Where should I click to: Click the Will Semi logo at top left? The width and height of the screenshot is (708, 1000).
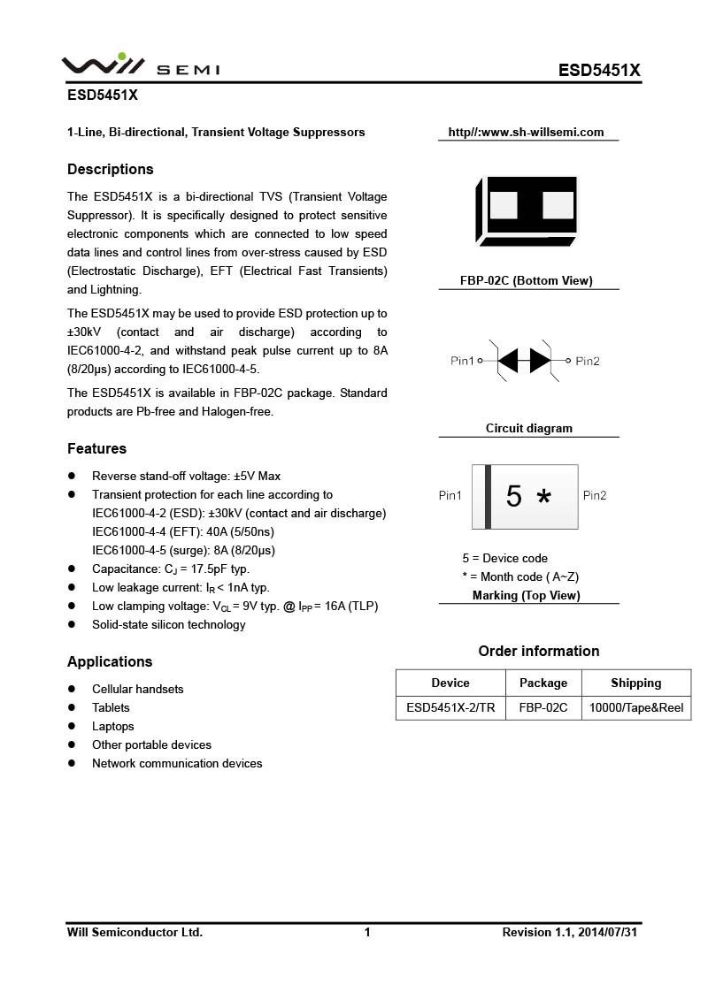[x=140, y=65]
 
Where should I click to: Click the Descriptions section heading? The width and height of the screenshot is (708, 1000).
[x=111, y=169]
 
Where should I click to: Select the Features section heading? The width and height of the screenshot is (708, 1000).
[x=96, y=448]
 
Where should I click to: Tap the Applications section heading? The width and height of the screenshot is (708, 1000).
[x=110, y=661]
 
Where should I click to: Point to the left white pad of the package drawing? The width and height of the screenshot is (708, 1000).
[x=503, y=205]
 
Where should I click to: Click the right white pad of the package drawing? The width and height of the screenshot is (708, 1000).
[x=558, y=205]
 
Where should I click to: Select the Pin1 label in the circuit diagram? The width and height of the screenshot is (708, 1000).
[x=462, y=361]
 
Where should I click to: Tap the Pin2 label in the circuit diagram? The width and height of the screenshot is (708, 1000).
[x=588, y=361]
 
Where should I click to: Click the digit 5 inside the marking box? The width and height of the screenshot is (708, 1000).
[x=513, y=497]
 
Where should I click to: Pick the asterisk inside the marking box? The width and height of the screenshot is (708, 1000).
[x=543, y=499]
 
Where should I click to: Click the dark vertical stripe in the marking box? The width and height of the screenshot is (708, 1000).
[x=488, y=497]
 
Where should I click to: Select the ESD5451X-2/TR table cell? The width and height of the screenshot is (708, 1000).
[x=450, y=707]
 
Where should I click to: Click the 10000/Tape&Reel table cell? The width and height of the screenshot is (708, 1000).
[x=635, y=707]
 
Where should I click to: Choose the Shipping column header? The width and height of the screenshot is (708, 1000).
[x=635, y=683]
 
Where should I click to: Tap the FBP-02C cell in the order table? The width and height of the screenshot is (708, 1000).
[x=543, y=707]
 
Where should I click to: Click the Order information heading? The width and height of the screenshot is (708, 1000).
[x=539, y=651]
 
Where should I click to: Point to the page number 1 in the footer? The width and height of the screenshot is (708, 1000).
[x=367, y=932]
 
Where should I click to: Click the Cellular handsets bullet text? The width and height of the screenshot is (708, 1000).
[x=138, y=689]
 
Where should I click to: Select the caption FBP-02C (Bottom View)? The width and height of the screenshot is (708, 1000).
[x=526, y=280]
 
